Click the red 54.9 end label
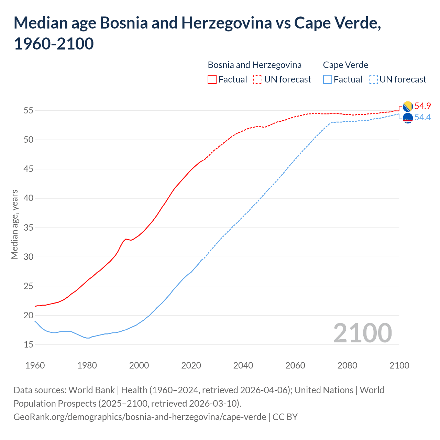pyautogui.click(x=422, y=106)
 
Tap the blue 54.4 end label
pyautogui.click(x=422, y=118)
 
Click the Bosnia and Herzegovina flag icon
pyautogui.click(x=408, y=107)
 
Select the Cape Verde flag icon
pyautogui.click(x=408, y=118)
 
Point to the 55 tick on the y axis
pyautogui.click(x=28, y=111)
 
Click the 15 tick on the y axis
pyautogui.click(x=28, y=344)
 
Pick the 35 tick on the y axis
pyautogui.click(x=28, y=228)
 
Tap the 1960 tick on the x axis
pyautogui.click(x=35, y=365)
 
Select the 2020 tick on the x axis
pyautogui.click(x=191, y=365)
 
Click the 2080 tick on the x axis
pyautogui.click(x=347, y=365)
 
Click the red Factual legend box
pyautogui.click(x=212, y=79)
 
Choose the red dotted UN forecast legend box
pyautogui.click(x=258, y=79)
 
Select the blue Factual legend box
pyautogui.click(x=328, y=79)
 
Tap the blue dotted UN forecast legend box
pyautogui.click(x=373, y=79)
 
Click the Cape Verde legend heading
pyautogui.click(x=345, y=65)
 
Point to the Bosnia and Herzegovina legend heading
pyautogui.click(x=255, y=65)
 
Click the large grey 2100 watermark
pyautogui.click(x=363, y=333)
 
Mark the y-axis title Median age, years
pyautogui.click(x=14, y=224)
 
